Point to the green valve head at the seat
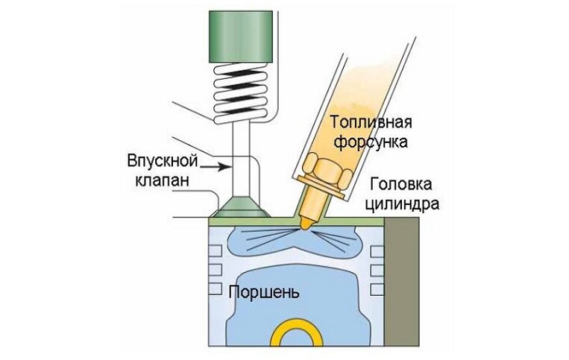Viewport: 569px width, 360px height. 241,205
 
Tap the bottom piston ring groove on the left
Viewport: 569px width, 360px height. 217,287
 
